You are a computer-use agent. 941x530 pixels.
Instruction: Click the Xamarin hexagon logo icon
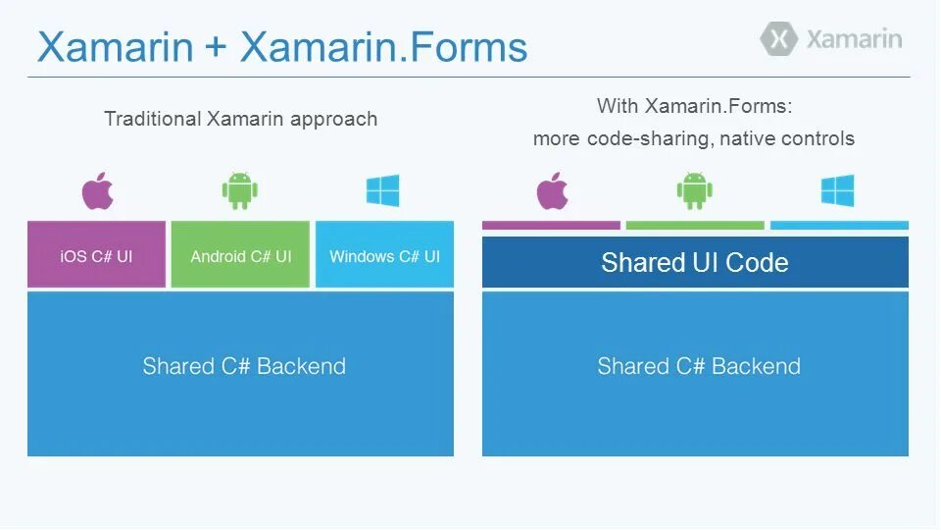click(x=780, y=39)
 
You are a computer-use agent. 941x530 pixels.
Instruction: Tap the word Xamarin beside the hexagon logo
click(x=854, y=39)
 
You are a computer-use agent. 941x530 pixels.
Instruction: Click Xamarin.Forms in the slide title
click(x=383, y=47)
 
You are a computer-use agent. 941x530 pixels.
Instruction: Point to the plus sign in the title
click(x=216, y=48)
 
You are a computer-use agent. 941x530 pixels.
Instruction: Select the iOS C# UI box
click(x=96, y=255)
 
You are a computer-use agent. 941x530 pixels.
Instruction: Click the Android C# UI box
click(x=240, y=255)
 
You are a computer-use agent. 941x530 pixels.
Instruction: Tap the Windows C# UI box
click(x=384, y=255)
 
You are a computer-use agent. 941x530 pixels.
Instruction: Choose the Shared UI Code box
click(x=695, y=262)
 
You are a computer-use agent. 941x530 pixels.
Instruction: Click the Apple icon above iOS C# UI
click(x=97, y=190)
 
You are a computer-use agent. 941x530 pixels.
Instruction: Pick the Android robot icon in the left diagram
click(x=240, y=190)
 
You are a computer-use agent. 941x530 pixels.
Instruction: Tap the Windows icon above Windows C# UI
click(x=383, y=190)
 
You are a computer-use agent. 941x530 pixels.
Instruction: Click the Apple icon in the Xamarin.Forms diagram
click(x=553, y=190)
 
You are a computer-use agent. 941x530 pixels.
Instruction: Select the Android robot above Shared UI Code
click(x=694, y=190)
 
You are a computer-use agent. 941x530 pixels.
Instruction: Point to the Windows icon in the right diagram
click(x=838, y=190)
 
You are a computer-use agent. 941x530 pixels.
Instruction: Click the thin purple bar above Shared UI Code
click(x=551, y=226)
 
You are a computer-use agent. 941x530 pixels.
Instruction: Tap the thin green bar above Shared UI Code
click(x=694, y=226)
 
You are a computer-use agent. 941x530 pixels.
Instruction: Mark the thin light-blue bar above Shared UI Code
click(x=839, y=226)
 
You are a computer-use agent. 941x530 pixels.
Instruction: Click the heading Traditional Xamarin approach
click(x=240, y=119)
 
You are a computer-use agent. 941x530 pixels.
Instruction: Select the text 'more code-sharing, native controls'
click(x=694, y=139)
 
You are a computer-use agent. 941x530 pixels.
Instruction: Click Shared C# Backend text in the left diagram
click(x=244, y=366)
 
